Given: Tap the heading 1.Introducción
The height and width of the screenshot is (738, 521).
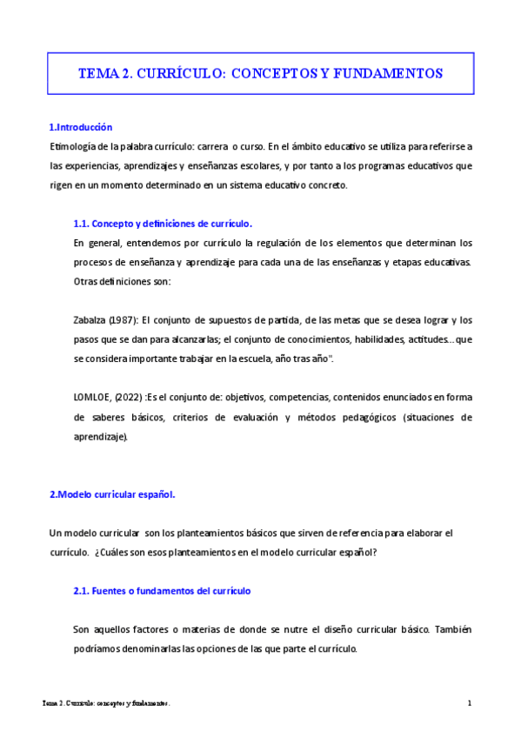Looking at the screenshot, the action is (81, 127).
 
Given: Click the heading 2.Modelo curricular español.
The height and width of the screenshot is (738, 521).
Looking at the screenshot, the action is (112, 494).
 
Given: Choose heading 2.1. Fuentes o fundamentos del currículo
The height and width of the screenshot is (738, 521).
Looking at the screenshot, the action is (162, 591).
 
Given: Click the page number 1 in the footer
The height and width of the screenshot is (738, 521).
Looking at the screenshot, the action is (469, 703).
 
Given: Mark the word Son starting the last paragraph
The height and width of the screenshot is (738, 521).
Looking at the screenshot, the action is (82, 629).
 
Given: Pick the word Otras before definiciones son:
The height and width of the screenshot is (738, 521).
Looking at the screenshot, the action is (87, 281).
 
